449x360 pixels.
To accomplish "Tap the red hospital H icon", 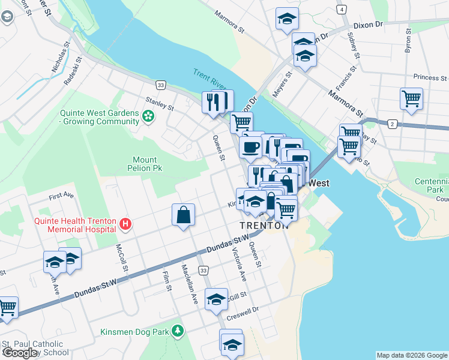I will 125,224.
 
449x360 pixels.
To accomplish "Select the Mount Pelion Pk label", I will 145,164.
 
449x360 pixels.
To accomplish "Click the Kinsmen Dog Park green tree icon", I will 177,331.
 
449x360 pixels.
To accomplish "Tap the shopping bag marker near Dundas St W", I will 183,215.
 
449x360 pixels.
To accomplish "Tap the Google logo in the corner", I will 20,353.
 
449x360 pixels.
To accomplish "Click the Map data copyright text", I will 411,355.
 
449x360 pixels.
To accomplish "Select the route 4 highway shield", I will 341,10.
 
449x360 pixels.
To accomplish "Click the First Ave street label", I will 61,196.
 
